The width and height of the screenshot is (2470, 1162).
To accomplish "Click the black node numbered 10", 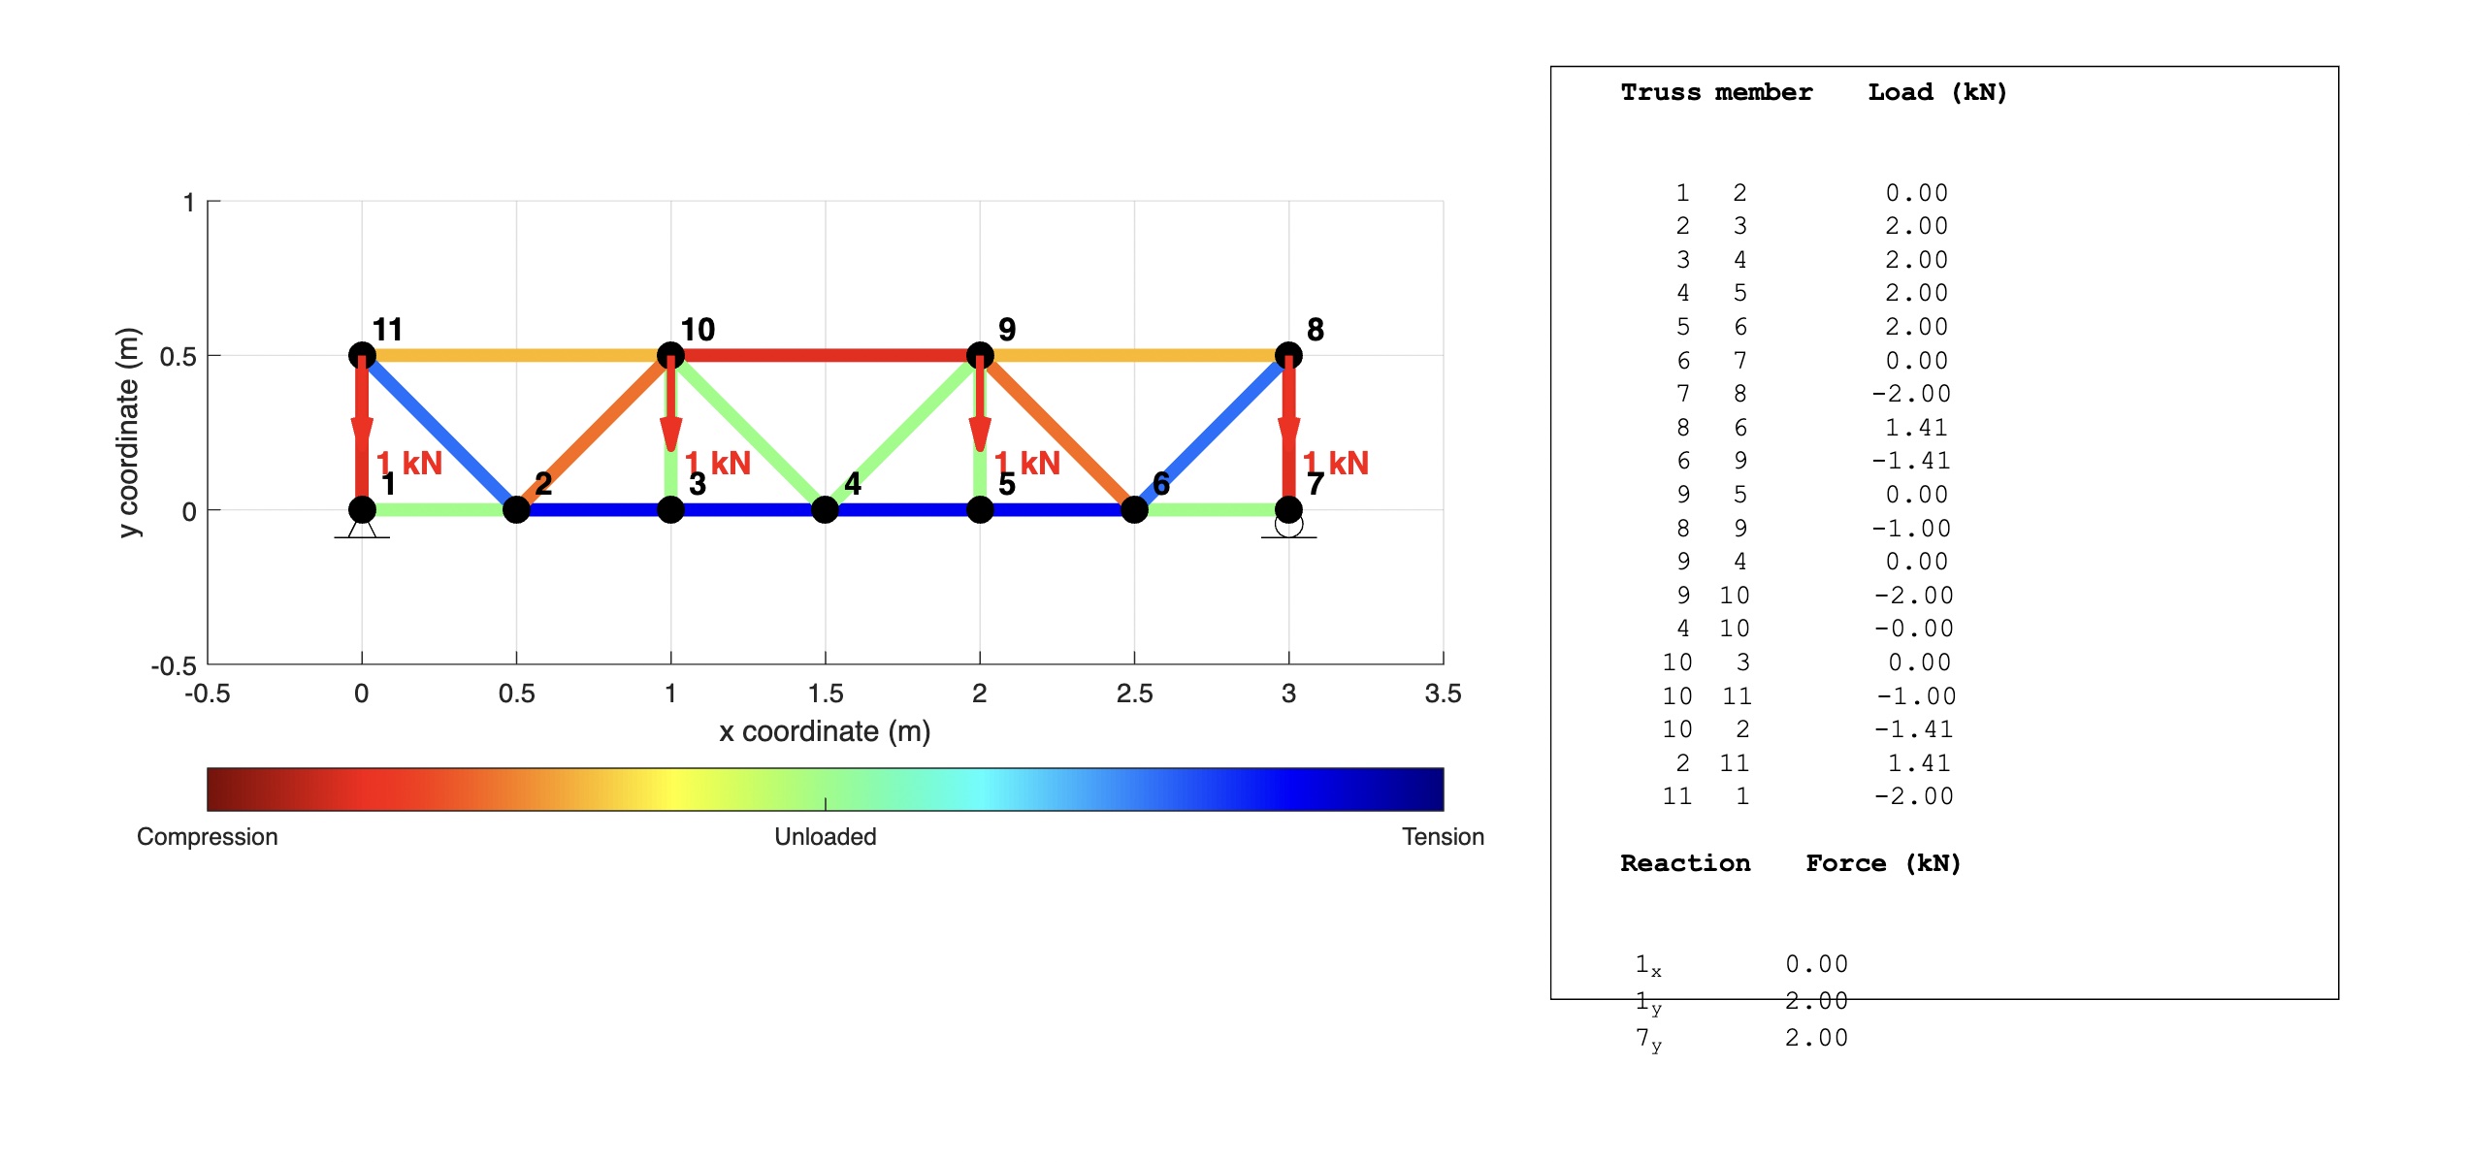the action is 670,355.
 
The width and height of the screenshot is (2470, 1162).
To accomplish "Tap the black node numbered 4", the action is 825,509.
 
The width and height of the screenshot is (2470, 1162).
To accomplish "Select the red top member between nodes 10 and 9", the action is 825,355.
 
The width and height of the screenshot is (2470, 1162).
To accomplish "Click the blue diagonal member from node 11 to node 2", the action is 439,433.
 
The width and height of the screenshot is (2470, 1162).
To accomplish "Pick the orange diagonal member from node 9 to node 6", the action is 1056,433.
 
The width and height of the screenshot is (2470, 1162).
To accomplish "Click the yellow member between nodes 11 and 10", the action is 516,355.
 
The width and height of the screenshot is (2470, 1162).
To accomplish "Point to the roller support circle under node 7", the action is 1288,525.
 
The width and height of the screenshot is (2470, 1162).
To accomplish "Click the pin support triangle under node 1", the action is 362,529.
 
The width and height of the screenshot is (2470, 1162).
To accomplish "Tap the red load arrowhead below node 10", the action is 670,434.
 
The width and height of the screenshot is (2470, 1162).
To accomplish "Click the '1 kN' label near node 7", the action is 1336,463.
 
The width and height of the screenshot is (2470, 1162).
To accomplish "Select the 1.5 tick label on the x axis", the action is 826,694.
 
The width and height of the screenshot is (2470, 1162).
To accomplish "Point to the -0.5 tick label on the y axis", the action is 174,666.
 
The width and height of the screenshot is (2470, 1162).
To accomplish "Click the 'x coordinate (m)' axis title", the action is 825,731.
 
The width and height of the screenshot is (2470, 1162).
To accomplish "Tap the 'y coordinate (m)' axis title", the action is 128,433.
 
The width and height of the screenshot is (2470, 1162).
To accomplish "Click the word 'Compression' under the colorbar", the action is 208,837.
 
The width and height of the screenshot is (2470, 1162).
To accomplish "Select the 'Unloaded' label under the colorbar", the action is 826,837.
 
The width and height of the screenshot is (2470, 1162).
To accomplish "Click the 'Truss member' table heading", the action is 1716,92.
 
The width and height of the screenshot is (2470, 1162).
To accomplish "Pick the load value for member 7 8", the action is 1911,394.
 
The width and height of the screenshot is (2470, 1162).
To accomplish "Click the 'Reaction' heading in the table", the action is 1685,863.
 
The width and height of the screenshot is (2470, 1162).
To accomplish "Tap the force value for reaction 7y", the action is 1817,1038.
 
